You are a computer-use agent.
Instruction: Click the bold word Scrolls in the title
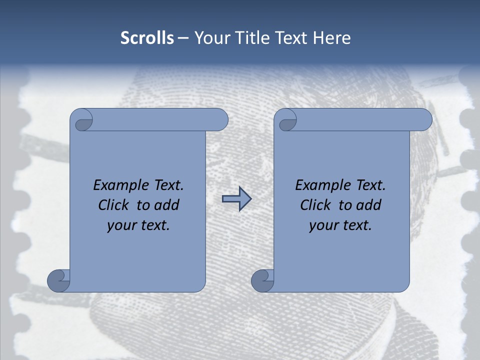click(147, 38)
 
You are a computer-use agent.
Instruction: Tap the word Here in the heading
click(331, 38)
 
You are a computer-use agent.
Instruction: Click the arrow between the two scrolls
click(236, 199)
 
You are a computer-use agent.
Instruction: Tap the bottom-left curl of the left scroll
click(59, 280)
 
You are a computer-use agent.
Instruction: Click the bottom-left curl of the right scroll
click(262, 280)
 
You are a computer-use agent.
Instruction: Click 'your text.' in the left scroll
click(138, 225)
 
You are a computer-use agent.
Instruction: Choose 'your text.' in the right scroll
click(340, 225)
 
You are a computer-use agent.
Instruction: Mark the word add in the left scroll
click(167, 205)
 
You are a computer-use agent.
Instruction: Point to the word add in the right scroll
click(369, 205)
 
